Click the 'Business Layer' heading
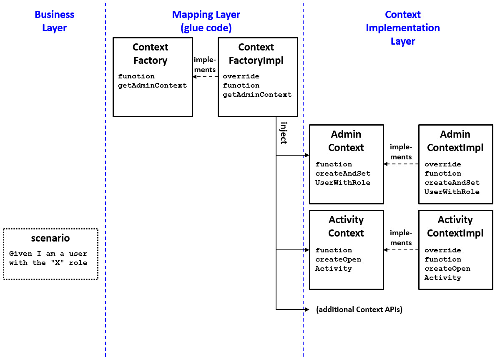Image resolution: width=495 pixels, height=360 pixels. pos(54,21)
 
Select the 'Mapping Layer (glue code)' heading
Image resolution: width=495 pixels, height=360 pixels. pos(206,21)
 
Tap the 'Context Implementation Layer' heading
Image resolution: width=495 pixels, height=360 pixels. pos(402,28)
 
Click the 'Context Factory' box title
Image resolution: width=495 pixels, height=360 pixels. pos(150,54)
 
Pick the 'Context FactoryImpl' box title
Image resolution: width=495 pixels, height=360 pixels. pos(256,54)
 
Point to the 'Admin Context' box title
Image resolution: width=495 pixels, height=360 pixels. pos(346,141)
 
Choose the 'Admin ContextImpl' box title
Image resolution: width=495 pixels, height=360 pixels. pos(455,141)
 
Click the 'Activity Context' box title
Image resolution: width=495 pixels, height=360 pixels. pos(346,227)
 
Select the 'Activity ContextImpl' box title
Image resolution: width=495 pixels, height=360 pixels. pos(455,227)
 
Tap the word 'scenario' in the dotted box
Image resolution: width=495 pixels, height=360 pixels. pos(50,238)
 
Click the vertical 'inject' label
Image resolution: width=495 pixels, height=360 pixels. pos(283,133)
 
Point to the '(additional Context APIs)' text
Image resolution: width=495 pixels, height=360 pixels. pos(359,310)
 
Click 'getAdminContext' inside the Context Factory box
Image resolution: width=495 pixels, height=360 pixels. pos(152,86)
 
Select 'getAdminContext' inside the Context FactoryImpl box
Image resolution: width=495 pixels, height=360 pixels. pos(257,95)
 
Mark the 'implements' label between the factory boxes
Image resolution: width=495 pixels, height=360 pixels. pos(205,65)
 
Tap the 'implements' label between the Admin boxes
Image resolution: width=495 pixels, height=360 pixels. pos(401,152)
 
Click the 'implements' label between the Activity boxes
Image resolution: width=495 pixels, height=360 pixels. pos(401,238)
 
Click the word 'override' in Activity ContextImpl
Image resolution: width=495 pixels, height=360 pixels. pos(442,250)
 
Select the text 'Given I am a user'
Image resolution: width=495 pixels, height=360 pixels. pos(48,254)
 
